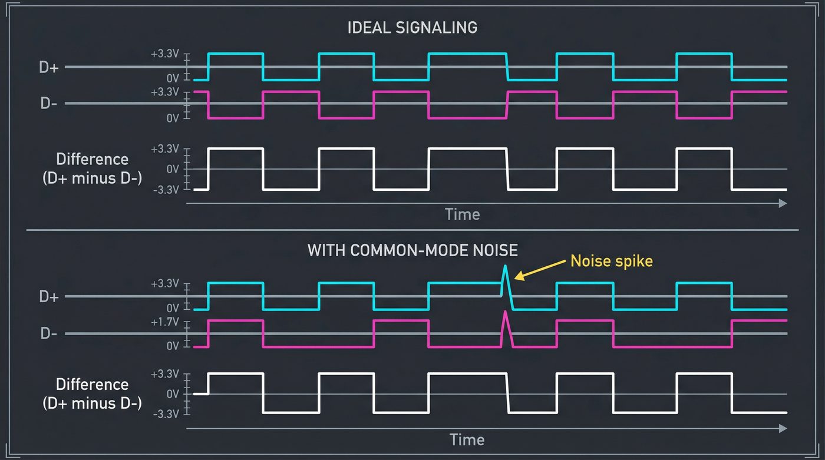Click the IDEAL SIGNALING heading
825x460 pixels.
click(x=412, y=28)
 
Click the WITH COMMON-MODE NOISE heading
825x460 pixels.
click(x=412, y=250)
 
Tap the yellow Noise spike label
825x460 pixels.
click(x=612, y=261)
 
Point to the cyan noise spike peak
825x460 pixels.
click(x=505, y=267)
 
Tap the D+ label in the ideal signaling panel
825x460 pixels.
click(x=48, y=67)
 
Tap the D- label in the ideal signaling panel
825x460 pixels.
click(x=48, y=104)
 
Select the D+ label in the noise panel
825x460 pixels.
click(x=48, y=297)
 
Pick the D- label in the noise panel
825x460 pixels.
click(x=48, y=334)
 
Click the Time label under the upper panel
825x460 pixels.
click(x=462, y=214)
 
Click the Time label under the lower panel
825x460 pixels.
click(x=467, y=439)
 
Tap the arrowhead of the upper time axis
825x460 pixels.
click(x=783, y=203)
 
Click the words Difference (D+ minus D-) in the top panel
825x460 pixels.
click(x=92, y=169)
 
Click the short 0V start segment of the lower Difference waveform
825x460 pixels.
click(x=201, y=393)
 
